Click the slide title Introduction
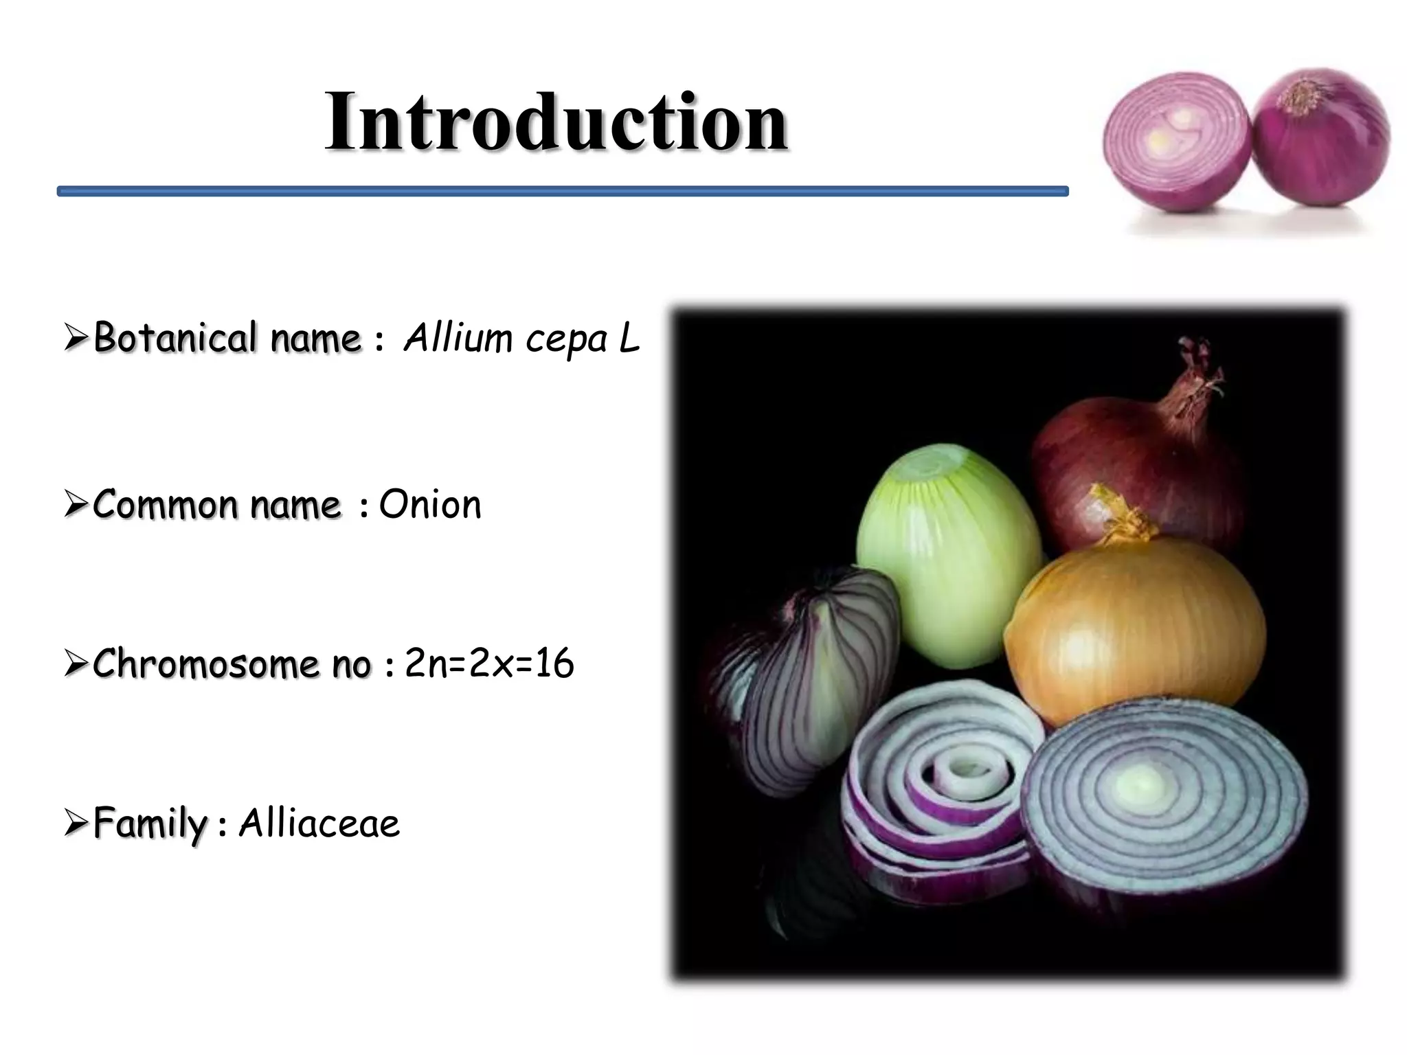pos(556,122)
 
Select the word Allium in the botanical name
pos(458,338)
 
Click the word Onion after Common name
pos(430,505)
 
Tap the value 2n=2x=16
pos(489,663)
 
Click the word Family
pos(150,823)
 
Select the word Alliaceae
pos(319,823)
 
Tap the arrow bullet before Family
pos(76,823)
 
